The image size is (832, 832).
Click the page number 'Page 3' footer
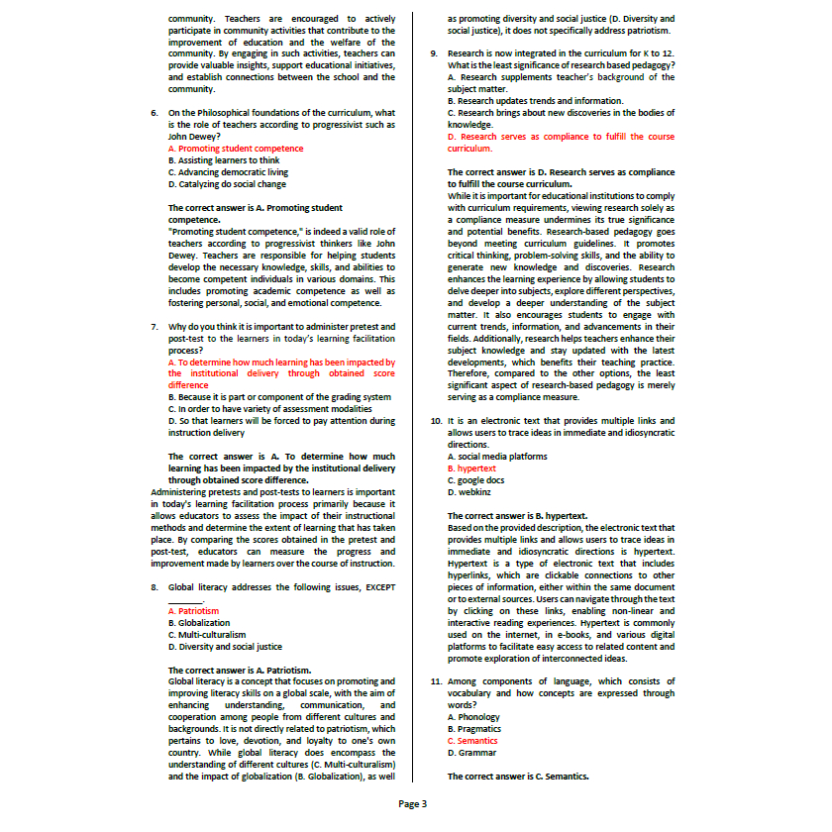tap(413, 803)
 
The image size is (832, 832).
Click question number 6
tap(155, 113)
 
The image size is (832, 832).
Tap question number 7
tap(155, 326)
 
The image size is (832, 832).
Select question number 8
tap(155, 587)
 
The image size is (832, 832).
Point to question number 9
tap(434, 52)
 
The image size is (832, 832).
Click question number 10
tap(436, 421)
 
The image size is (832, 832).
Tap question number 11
tap(436, 681)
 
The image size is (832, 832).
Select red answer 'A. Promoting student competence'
tap(236, 149)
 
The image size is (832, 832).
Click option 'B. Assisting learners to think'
tap(224, 160)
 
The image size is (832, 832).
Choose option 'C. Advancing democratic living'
tap(228, 172)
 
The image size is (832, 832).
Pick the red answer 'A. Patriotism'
tap(193, 611)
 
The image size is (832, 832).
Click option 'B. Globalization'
tap(199, 623)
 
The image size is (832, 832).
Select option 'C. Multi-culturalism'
tap(207, 635)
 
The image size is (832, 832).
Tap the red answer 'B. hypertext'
tap(471, 468)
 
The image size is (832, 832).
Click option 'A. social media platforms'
tap(497, 457)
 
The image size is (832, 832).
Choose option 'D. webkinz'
tap(468, 492)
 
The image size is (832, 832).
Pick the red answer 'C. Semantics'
tap(472, 741)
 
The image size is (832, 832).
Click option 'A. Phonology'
tap(473, 717)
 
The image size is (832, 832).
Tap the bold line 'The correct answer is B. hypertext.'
tap(517, 516)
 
